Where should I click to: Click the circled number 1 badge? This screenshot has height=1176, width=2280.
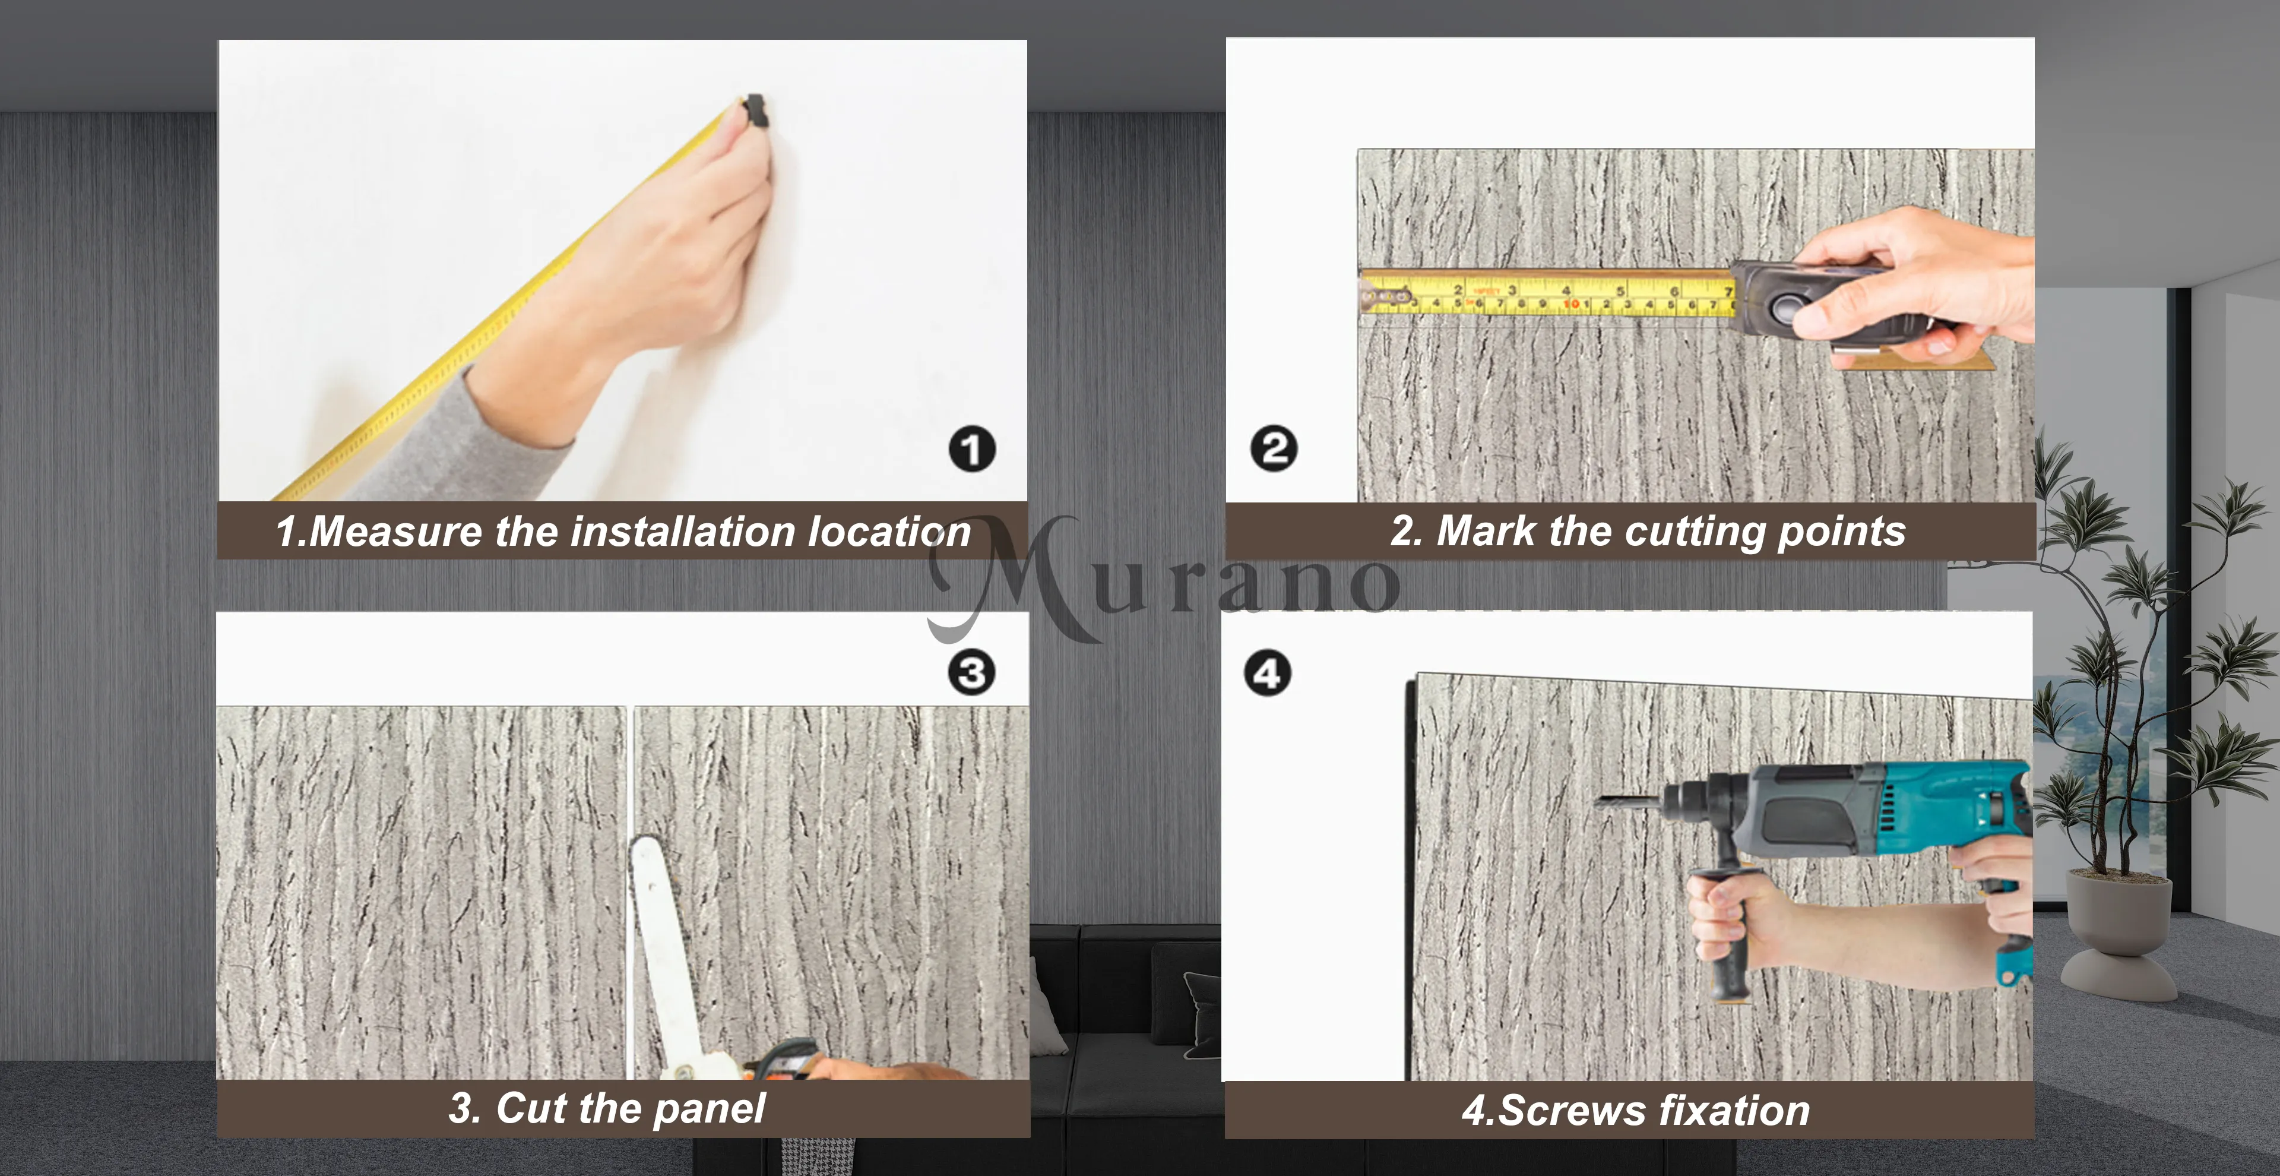tap(972, 449)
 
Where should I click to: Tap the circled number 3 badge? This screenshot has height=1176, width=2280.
tap(972, 673)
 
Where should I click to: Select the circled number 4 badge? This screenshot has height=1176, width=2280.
tap(1268, 674)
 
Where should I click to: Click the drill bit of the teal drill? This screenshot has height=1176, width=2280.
tap(1629, 802)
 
